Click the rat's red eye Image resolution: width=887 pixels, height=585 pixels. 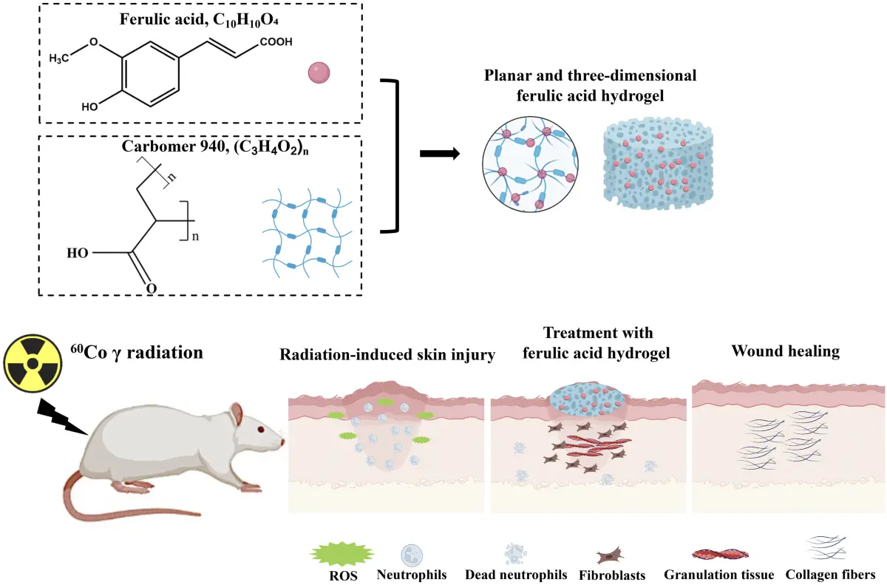[261, 430]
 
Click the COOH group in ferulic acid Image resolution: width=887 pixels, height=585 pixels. [275, 42]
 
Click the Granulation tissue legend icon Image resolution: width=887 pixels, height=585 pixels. [718, 554]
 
